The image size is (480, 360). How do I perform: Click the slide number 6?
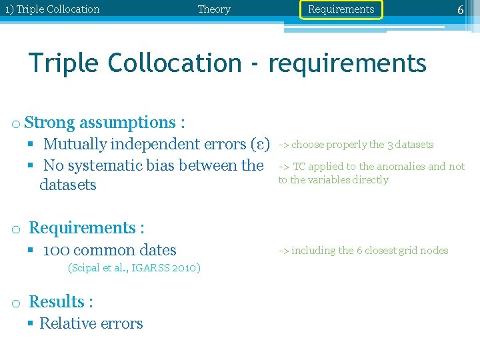pos(460,10)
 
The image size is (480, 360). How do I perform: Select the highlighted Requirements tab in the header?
pos(341,9)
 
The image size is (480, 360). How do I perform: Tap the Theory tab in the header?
pos(214,9)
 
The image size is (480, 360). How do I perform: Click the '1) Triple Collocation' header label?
pos(52,9)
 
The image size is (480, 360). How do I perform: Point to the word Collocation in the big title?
pos(175,63)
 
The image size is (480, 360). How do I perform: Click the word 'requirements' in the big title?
pos(347,63)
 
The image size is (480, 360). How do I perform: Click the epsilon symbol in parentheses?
pos(257,144)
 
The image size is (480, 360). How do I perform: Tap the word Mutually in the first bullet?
pos(75,144)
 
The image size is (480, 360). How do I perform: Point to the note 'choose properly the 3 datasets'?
pos(362,145)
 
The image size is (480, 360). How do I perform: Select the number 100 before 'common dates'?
pos(56,251)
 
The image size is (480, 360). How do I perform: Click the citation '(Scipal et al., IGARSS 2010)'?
pos(134,268)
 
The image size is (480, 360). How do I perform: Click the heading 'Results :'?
pos(61,302)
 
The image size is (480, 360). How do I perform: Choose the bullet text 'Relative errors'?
pos(91,324)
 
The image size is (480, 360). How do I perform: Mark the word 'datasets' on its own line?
pos(68,185)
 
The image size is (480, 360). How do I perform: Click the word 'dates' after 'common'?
pos(160,251)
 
